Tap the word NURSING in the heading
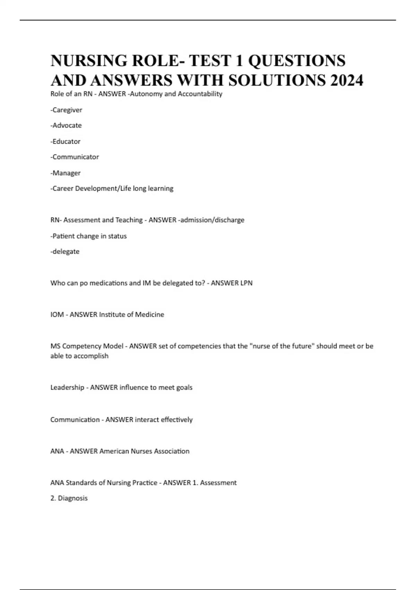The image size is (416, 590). point(89,61)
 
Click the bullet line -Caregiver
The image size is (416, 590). point(66,110)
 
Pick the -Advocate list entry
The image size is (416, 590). point(66,125)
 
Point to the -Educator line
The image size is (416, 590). point(66,141)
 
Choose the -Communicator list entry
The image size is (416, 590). point(75,157)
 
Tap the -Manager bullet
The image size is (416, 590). point(66,173)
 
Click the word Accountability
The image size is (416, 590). point(200,94)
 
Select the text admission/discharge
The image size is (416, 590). point(212,220)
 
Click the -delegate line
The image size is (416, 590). point(65,252)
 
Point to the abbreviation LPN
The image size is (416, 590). point(246,283)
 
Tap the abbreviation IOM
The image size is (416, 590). point(57,315)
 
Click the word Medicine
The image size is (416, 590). point(149,315)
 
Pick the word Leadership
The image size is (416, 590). point(67,387)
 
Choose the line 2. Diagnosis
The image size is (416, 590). point(69,498)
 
